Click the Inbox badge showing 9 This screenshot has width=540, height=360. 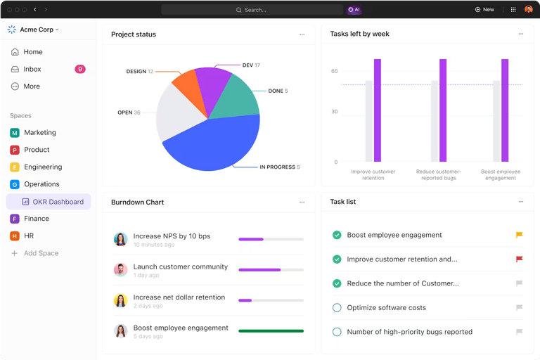click(x=80, y=69)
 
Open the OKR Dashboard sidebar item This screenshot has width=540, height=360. click(x=58, y=202)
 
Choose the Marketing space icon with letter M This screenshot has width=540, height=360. click(x=15, y=132)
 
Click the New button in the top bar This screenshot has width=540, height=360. click(x=484, y=10)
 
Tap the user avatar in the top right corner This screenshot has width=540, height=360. click(x=529, y=10)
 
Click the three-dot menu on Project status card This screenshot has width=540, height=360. click(x=302, y=34)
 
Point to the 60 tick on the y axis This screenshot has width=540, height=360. click(x=335, y=71)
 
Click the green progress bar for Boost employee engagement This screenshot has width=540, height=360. click(x=271, y=330)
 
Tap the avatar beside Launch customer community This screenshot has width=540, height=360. click(x=120, y=269)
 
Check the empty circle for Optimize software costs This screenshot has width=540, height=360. click(x=337, y=307)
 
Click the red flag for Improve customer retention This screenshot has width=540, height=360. click(x=519, y=259)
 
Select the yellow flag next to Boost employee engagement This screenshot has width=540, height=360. click(x=519, y=236)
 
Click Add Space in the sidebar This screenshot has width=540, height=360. click(x=41, y=253)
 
